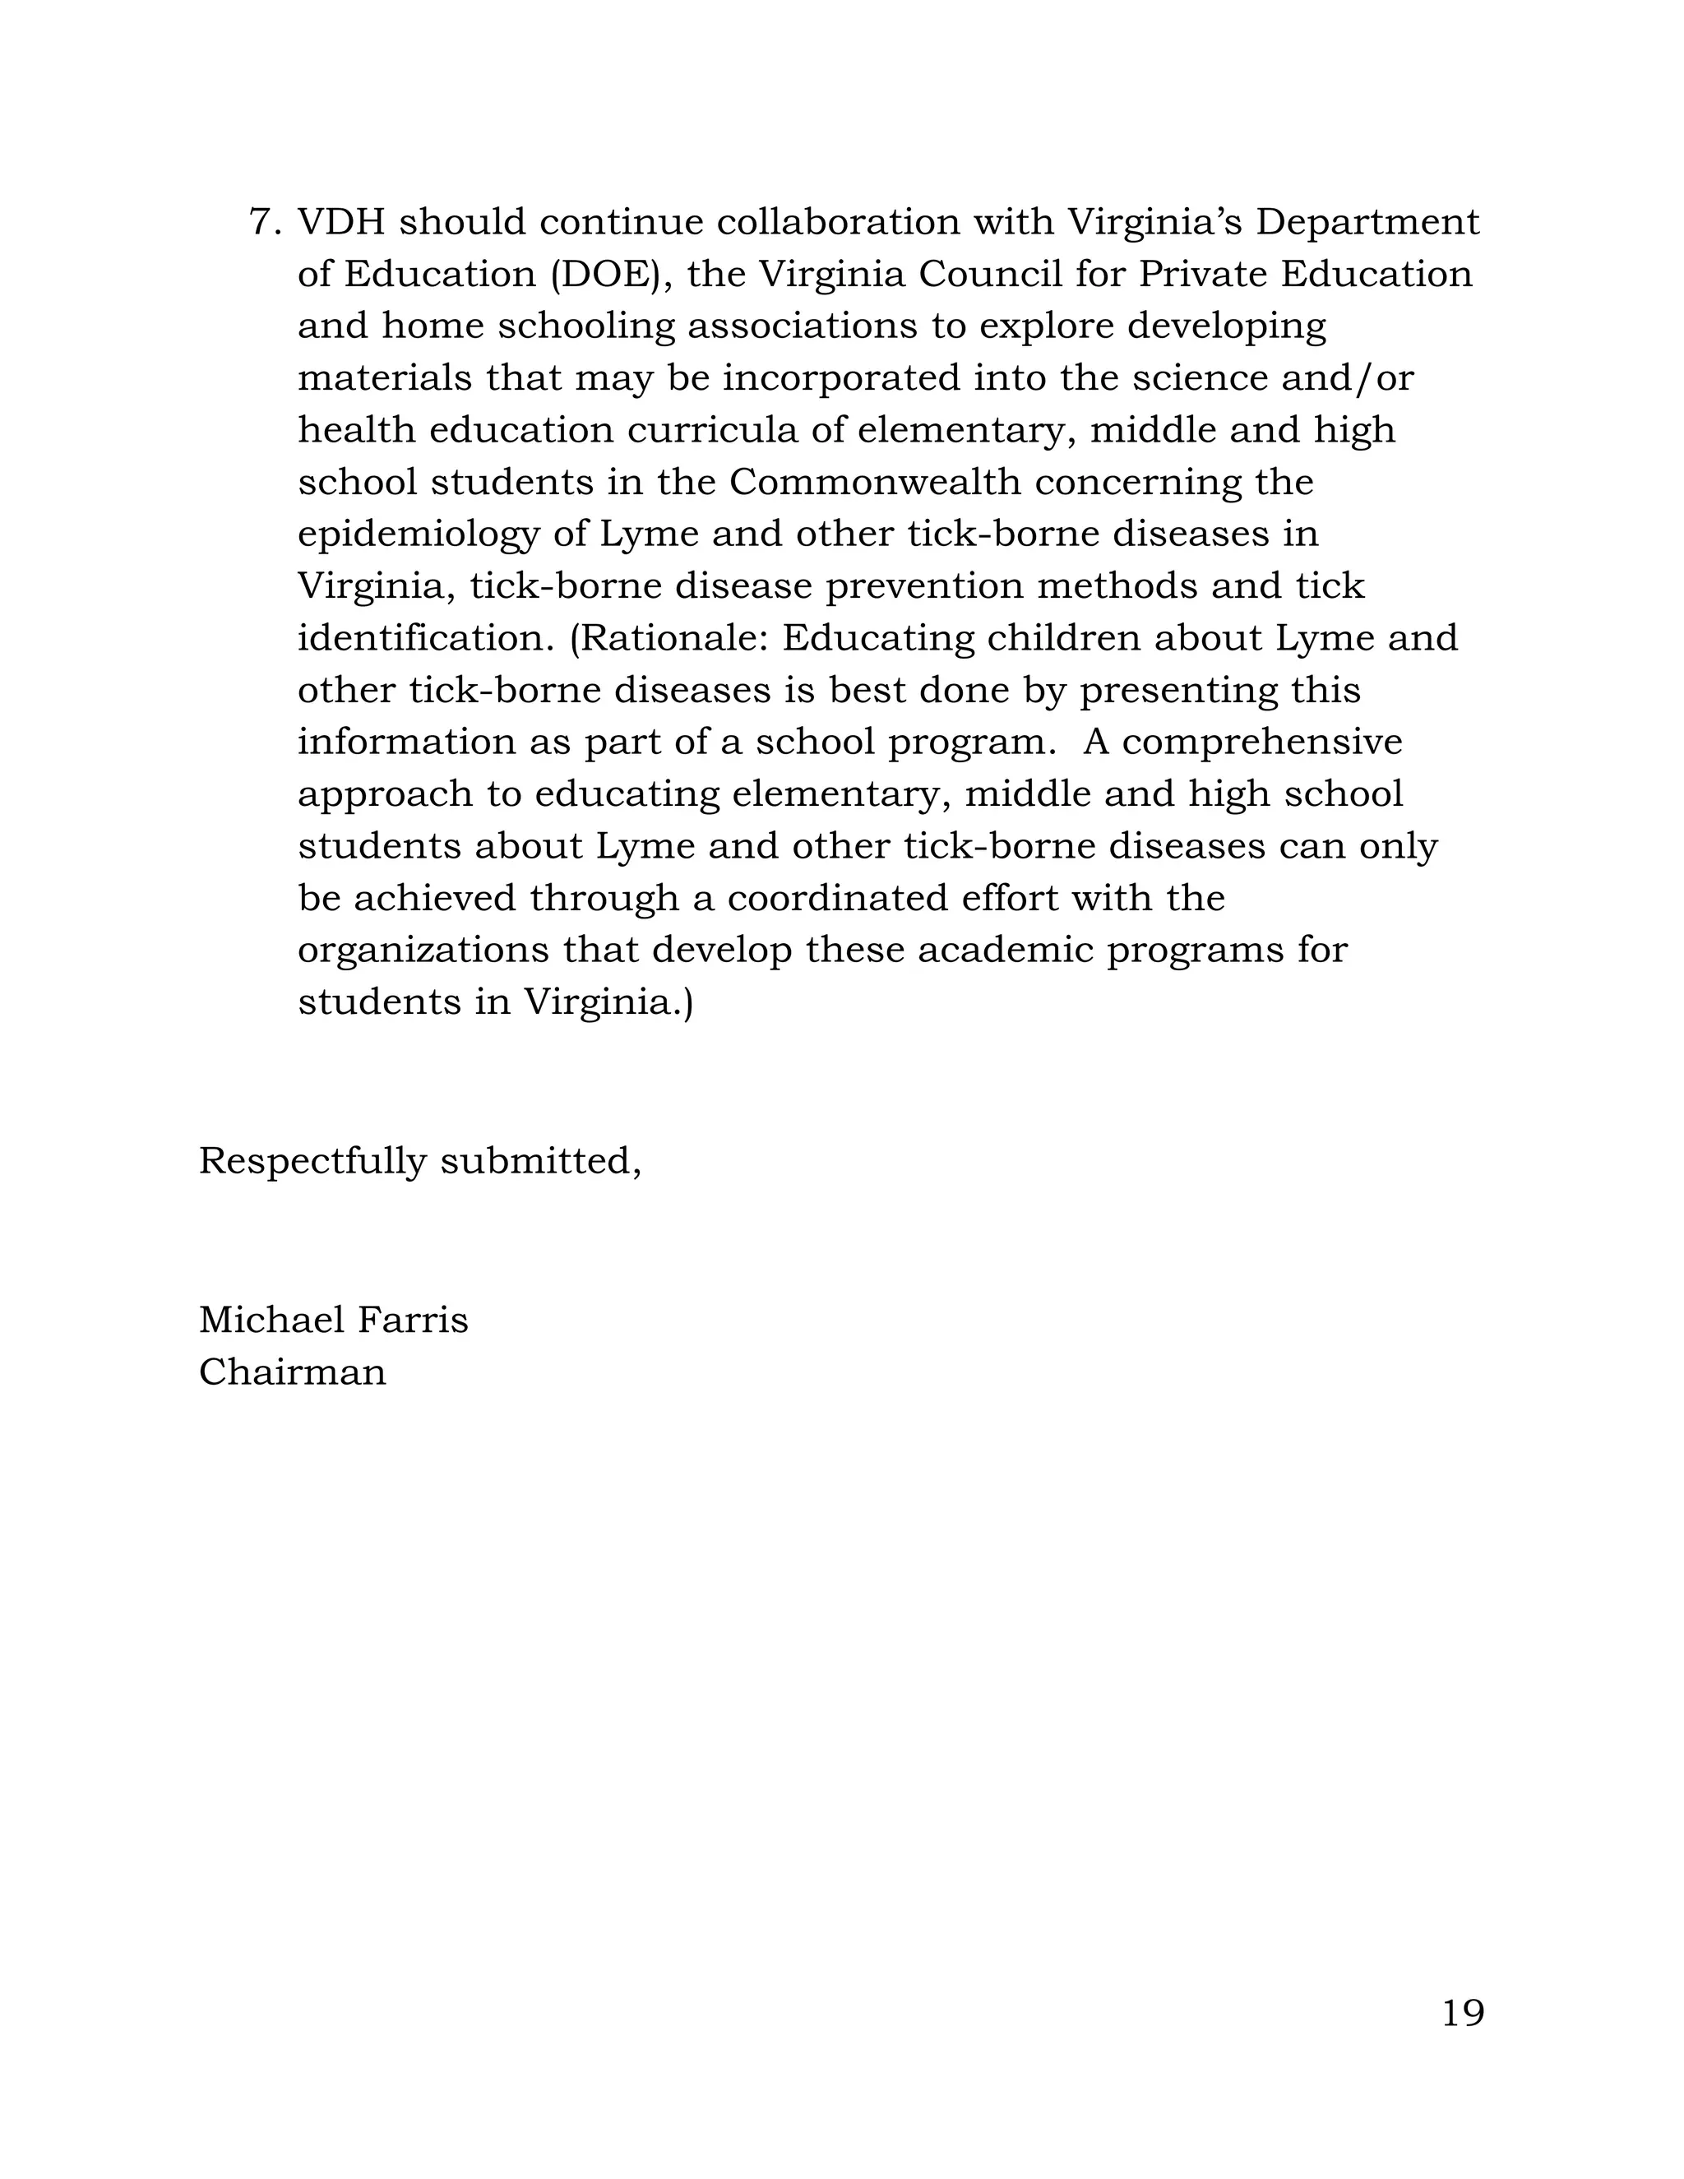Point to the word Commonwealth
click(x=875, y=482)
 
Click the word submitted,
click(x=539, y=1160)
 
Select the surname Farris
click(x=412, y=1320)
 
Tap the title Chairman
click(x=292, y=1373)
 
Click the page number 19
click(x=1463, y=2014)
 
